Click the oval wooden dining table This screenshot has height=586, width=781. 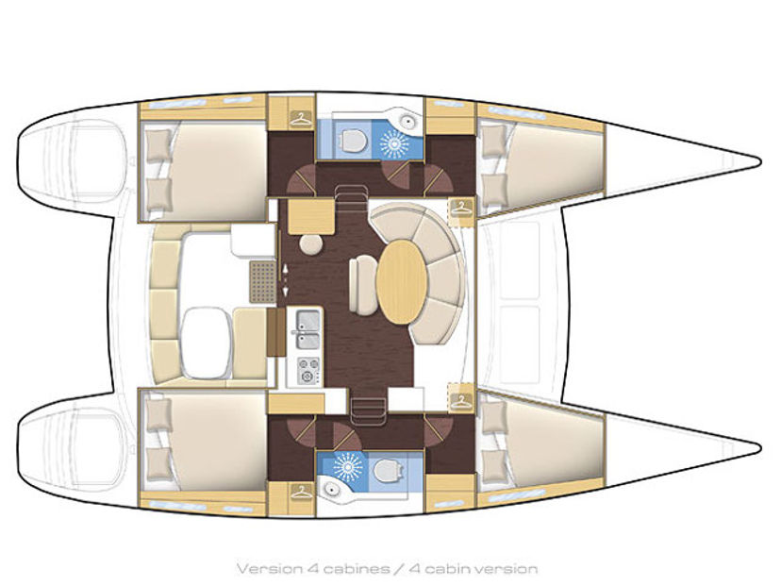(x=402, y=281)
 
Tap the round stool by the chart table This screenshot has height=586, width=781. (x=311, y=244)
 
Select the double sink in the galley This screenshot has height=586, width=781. (x=307, y=329)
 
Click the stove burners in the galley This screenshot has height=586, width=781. (x=308, y=371)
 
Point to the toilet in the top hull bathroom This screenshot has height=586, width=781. (x=352, y=140)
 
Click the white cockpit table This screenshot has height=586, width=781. (x=207, y=343)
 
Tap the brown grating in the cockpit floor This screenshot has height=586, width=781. (x=262, y=281)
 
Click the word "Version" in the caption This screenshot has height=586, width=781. (x=269, y=569)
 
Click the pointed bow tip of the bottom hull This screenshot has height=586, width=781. (x=760, y=447)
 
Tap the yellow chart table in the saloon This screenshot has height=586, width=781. (x=311, y=216)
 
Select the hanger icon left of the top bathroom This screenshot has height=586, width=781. (x=300, y=120)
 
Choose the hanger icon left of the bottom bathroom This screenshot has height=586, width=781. (x=300, y=492)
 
